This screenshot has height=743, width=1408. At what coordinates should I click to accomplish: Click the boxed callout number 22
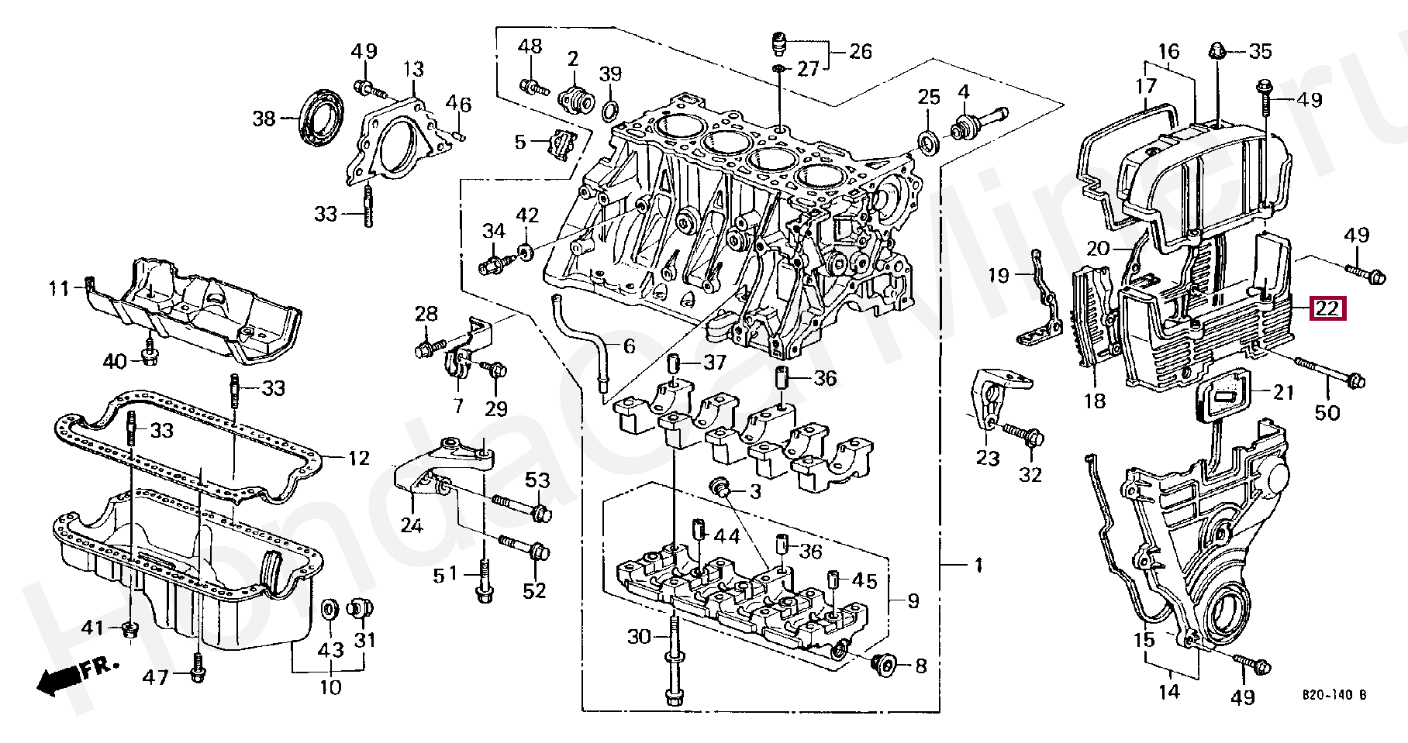1328,309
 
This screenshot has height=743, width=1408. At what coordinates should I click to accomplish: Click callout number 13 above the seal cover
413,70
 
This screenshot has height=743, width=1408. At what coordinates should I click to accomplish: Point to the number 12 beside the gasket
357,459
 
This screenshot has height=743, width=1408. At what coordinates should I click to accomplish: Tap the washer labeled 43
330,610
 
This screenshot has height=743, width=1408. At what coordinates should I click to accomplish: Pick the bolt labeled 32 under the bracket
1023,434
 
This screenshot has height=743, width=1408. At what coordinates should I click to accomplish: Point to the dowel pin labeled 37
674,362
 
